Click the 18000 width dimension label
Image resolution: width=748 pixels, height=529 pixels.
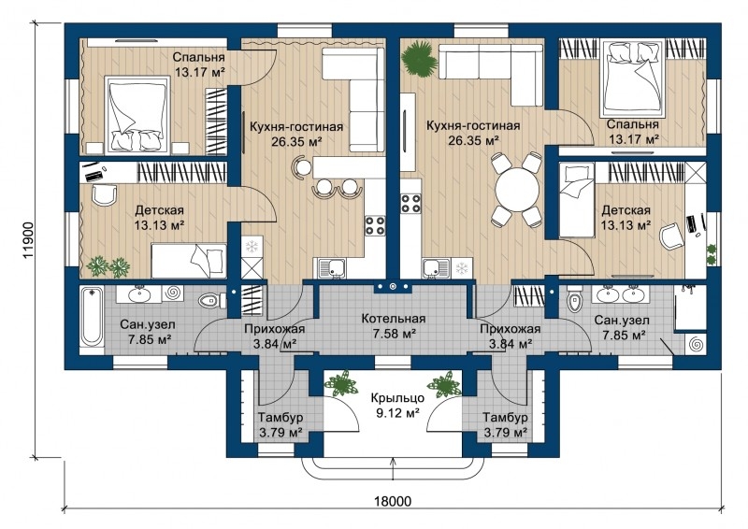tap(392, 501)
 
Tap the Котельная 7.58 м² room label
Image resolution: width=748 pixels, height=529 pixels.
tap(393, 326)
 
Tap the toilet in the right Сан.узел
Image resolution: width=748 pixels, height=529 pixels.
tap(573, 300)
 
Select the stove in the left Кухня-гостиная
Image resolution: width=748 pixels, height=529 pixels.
tap(375, 225)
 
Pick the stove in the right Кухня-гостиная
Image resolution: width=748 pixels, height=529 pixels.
tap(410, 204)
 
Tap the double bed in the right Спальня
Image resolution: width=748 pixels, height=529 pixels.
tap(634, 79)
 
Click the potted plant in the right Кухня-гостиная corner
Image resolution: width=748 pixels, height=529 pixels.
tap(419, 59)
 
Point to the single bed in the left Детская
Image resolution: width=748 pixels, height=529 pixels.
tap(189, 261)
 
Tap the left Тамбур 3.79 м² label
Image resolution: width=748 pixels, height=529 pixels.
tap(280, 425)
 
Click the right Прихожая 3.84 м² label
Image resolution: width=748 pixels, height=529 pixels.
tap(510, 336)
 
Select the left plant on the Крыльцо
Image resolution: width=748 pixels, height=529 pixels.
tap(341, 384)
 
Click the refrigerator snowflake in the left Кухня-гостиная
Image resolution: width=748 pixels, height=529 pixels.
tap(252, 246)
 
